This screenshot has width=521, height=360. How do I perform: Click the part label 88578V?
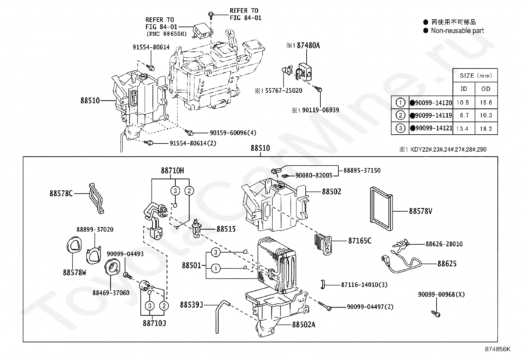coord(421,211)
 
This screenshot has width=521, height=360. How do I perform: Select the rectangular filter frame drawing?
coord(382,209)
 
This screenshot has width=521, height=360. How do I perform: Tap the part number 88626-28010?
coord(444,244)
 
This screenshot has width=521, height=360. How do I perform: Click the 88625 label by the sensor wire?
coord(447,264)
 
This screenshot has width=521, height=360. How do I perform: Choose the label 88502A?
coord(303,324)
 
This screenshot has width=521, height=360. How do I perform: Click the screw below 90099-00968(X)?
coord(436,313)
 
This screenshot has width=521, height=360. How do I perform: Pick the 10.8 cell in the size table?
coord(463,103)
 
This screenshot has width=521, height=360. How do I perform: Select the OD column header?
coord(486,89)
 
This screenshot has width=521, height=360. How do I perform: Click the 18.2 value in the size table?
coord(486,128)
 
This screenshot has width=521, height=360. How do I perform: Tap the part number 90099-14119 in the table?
coord(433,115)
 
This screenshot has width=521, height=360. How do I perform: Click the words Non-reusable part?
coord(457,30)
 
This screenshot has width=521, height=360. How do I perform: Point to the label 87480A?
coord(308,46)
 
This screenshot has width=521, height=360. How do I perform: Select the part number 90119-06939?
coord(320,110)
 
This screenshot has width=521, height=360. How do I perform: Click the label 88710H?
coord(172,171)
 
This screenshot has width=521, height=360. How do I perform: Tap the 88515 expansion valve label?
coord(226,229)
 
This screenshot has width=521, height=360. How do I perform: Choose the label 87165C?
coord(360,240)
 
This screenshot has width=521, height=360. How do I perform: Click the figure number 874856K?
coord(497,349)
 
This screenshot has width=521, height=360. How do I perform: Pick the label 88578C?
coord(61,193)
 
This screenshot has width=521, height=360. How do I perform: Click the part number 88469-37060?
coord(111,293)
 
